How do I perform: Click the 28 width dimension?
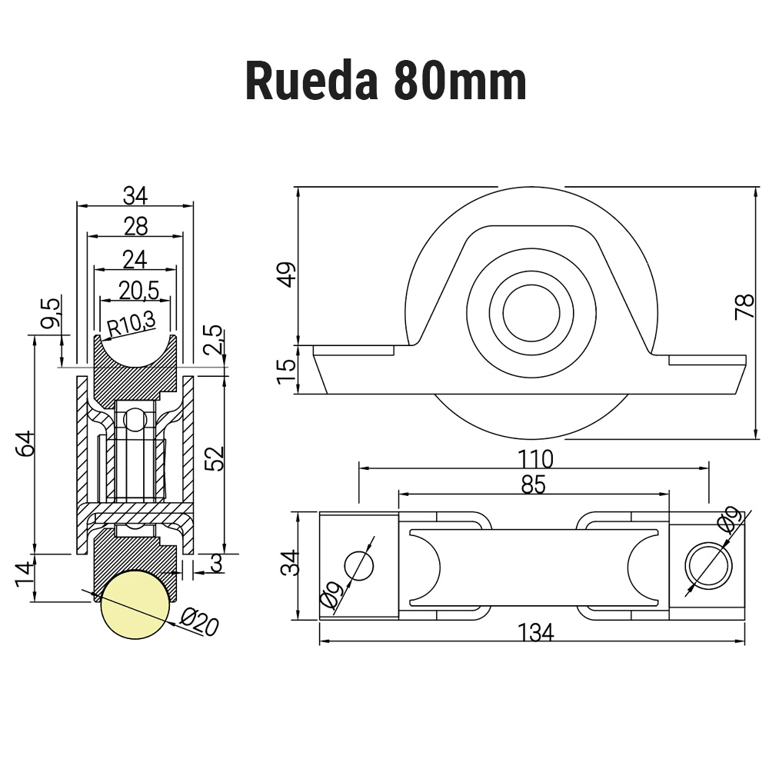135,225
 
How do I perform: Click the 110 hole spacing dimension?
535,459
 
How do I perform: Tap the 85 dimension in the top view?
534,485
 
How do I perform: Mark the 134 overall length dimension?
535,632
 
